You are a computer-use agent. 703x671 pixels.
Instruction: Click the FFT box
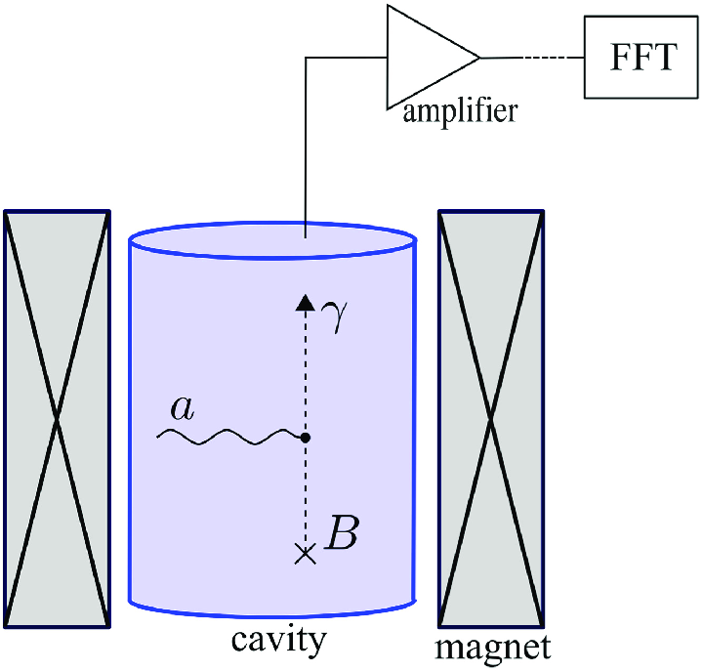click(x=641, y=59)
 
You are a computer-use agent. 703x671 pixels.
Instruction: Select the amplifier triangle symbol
click(x=424, y=56)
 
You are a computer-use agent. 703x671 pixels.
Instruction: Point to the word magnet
click(x=493, y=646)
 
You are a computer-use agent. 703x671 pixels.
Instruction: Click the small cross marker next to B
click(x=306, y=555)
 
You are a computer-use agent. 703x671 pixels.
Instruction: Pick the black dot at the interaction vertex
click(x=306, y=439)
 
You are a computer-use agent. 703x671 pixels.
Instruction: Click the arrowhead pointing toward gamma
click(x=306, y=303)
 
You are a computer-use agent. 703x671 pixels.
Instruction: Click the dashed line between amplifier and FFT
click(x=550, y=58)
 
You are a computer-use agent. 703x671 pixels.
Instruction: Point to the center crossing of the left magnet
click(x=58, y=418)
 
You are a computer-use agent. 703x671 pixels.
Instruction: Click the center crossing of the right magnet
click(x=491, y=418)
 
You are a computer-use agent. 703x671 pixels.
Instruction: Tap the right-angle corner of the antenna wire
click(x=307, y=58)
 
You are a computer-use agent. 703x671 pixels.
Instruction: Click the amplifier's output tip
click(x=478, y=57)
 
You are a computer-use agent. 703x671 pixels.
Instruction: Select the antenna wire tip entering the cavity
click(x=307, y=235)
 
